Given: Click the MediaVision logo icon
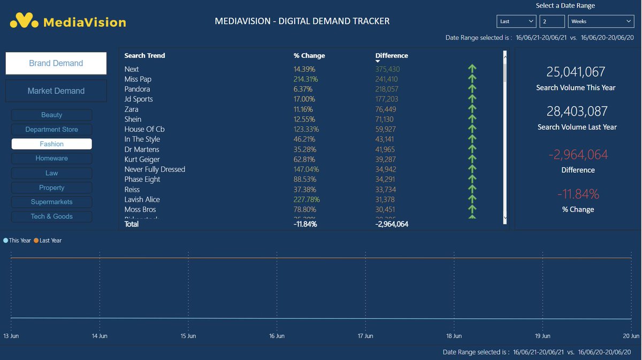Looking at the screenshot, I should (x=24, y=21).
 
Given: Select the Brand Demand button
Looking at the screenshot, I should (x=56, y=63).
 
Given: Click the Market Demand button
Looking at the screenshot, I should (x=56, y=91).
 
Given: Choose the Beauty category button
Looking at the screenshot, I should (x=52, y=115).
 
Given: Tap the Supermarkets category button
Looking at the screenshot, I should (x=52, y=202).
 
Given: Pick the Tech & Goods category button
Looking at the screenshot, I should (x=52, y=217).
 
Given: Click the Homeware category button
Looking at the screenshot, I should (x=52, y=158).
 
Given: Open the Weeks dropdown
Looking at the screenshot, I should (x=600, y=21).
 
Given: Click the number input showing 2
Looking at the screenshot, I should (x=552, y=21).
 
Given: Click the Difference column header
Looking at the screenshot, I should (x=392, y=56).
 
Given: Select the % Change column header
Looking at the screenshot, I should (x=309, y=56).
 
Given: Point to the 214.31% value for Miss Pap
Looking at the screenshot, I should (x=305, y=79).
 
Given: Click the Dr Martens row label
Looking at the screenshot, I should (x=142, y=149).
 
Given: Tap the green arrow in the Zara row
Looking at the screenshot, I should (x=472, y=109).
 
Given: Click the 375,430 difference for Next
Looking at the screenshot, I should (x=387, y=69).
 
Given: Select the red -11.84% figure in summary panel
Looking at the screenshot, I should (x=578, y=194).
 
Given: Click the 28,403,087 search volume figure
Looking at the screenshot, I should (x=577, y=111).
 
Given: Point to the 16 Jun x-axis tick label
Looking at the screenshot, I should (x=277, y=336).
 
